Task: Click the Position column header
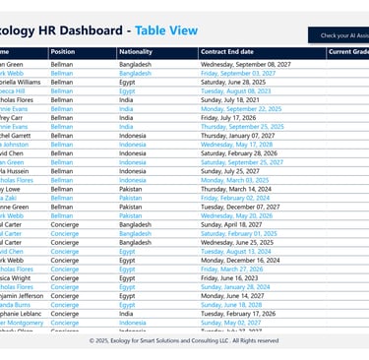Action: click(62, 51)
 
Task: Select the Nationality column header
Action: click(135, 51)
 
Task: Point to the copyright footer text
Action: click(184, 341)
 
